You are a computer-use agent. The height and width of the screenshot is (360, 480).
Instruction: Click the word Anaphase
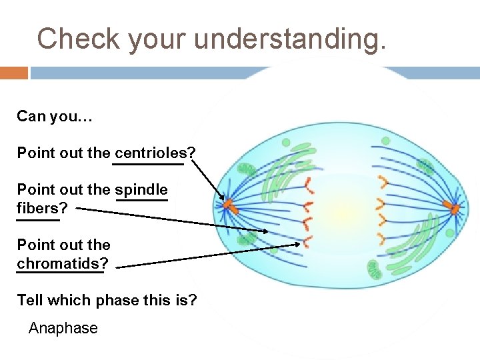pyautogui.click(x=63, y=328)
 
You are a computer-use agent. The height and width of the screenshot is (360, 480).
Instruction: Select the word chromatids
pyautogui.click(x=58, y=263)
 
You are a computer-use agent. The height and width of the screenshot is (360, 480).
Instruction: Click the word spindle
pyautogui.click(x=141, y=189)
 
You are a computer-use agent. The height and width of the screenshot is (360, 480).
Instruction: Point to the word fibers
pyautogui.click(x=37, y=208)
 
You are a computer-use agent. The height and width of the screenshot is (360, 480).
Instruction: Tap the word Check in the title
pyautogui.click(x=78, y=39)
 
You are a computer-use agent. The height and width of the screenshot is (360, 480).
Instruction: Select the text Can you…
pyautogui.click(x=55, y=117)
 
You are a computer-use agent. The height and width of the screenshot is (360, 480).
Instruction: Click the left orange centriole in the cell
pyautogui.click(x=228, y=204)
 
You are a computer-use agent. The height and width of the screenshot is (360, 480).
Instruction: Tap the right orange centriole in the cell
pyautogui.click(x=455, y=209)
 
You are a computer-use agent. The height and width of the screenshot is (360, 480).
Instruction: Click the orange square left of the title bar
pyautogui.click(x=13, y=73)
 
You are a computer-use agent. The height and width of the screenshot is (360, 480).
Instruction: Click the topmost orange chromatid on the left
pyautogui.click(x=308, y=182)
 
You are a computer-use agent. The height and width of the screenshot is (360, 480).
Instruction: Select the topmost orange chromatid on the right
pyautogui.click(x=383, y=180)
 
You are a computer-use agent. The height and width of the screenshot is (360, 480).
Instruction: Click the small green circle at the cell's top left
pyautogui.click(x=286, y=143)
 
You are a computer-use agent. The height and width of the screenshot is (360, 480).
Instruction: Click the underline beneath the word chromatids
pyautogui.click(x=60, y=271)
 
